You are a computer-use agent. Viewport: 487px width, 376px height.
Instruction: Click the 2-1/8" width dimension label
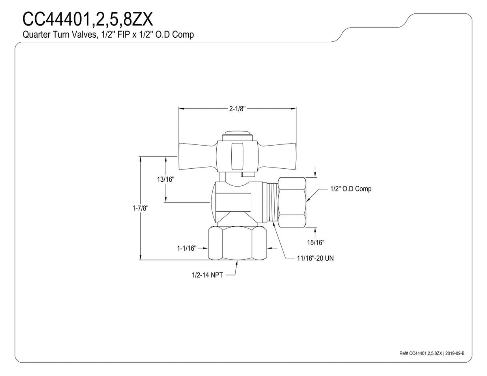237,109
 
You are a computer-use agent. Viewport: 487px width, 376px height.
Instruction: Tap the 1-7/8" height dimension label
140,208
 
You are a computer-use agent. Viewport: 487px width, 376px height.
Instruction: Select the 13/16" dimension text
166,179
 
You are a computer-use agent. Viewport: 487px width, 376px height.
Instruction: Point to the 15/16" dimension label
316,242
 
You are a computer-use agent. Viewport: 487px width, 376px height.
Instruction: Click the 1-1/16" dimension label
187,248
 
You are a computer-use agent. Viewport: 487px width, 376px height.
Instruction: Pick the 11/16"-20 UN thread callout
315,258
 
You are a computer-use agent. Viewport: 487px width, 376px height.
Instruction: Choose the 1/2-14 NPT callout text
207,275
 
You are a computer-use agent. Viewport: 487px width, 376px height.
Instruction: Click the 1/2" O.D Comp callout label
351,189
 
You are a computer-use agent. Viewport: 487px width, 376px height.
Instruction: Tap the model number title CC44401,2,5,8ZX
88,19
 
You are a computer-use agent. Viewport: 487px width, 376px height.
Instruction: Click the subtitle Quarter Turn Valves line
108,35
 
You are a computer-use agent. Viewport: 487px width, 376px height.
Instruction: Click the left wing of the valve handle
198,156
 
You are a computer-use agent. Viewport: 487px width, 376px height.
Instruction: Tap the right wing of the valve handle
277,156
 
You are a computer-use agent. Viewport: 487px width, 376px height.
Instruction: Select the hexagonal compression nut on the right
292,202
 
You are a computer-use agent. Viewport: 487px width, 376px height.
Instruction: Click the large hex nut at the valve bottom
237,243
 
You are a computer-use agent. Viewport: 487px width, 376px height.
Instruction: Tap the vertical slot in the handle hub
237,156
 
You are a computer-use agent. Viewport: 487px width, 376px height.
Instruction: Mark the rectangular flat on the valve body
233,202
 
